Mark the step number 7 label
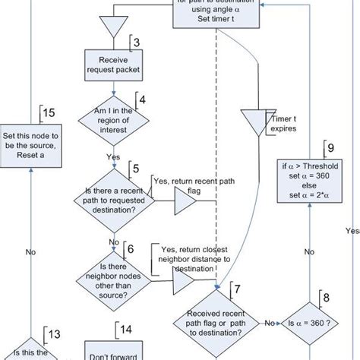click(237, 289)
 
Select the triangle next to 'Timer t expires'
click(250, 122)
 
